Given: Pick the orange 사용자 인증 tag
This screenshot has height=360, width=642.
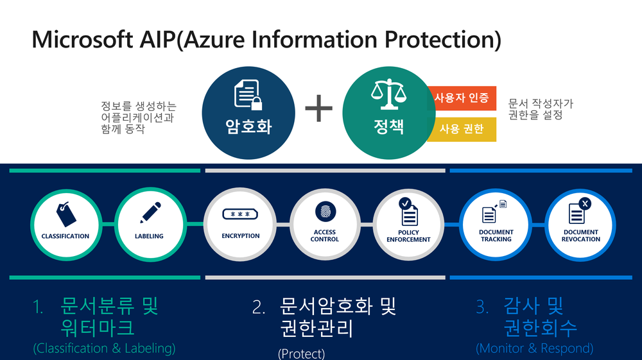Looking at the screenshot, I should tap(462, 98).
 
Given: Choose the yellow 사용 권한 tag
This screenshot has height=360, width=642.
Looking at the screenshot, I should tap(462, 129).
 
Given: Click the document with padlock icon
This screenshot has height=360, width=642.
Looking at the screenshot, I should tap(248, 95).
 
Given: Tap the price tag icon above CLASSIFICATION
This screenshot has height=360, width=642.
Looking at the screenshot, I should tap(64, 212).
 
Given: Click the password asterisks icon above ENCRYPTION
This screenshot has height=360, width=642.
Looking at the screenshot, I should tap(241, 215).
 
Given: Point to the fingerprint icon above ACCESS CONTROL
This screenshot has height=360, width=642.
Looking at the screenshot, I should tap(325, 211).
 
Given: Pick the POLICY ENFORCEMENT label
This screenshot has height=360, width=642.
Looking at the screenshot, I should tap(408, 236).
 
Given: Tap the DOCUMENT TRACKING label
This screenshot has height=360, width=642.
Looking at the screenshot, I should tap(496, 236).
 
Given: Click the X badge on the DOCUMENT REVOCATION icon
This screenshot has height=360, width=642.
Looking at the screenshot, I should tap(585, 203).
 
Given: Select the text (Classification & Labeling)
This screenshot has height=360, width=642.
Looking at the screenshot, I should tap(104, 348).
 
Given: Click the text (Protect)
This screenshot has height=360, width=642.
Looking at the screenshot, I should tap(301, 353).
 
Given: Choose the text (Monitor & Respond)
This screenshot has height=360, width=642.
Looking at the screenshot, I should tap(534, 348).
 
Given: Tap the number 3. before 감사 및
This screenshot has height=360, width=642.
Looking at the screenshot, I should tap(483, 308).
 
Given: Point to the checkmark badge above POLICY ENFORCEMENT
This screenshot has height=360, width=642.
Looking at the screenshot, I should tap(404, 203).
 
